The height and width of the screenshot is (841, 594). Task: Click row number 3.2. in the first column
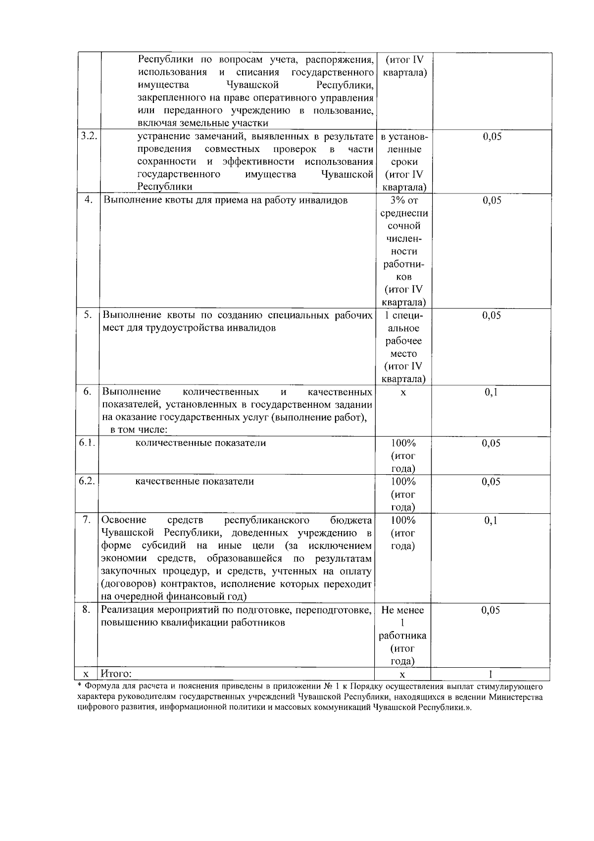[x=89, y=137]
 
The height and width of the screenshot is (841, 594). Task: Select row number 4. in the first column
[x=89, y=200]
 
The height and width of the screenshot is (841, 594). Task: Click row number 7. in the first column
[x=87, y=519]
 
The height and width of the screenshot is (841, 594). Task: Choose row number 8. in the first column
[x=87, y=609]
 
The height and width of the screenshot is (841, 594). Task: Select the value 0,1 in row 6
[x=491, y=393]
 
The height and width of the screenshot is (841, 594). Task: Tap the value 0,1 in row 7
[x=491, y=520]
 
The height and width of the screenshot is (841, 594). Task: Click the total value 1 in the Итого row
[x=491, y=674]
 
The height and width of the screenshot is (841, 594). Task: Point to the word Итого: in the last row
[x=116, y=674]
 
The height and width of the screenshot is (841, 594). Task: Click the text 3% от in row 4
[x=404, y=200]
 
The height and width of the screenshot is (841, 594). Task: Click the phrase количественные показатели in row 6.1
[x=200, y=443]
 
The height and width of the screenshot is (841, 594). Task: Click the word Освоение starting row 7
[x=124, y=520]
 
